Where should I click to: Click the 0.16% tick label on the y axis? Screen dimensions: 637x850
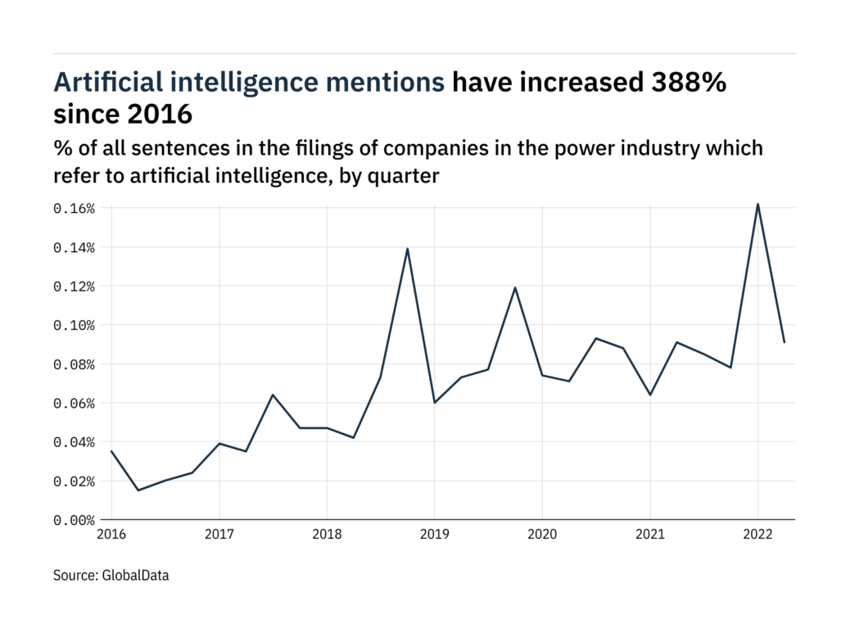pyautogui.click(x=75, y=209)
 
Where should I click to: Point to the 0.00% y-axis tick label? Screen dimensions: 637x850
pyautogui.click(x=75, y=520)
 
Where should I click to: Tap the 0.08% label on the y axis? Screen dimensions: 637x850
pyautogui.click(x=75, y=364)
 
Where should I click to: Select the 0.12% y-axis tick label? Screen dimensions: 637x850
pyautogui.click(x=75, y=287)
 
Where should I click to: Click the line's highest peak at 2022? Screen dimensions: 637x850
pyautogui.click(x=757, y=204)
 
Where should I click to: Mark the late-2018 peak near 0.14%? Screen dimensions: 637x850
pyautogui.click(x=407, y=248)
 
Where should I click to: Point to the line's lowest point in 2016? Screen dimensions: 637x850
pyautogui.click(x=138, y=490)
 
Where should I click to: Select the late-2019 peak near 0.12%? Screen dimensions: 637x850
pyautogui.click(x=515, y=287)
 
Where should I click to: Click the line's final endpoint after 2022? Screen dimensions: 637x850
pyautogui.click(x=784, y=342)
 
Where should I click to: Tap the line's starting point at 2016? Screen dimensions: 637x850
pyautogui.click(x=111, y=451)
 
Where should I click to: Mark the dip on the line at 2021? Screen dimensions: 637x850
pyautogui.click(x=649, y=395)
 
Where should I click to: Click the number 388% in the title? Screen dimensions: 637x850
pyautogui.click(x=686, y=83)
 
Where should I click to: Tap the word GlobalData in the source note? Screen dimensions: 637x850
pyautogui.click(x=136, y=576)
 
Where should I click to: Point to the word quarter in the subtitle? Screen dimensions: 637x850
pyautogui.click(x=401, y=176)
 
